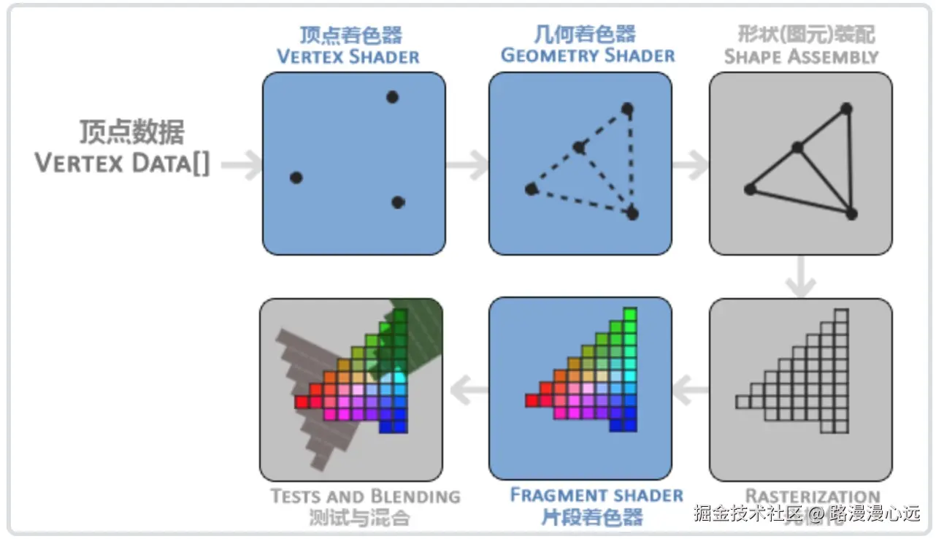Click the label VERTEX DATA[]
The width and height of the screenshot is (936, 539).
(x=123, y=164)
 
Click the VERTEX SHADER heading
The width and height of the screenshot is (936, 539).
(x=348, y=57)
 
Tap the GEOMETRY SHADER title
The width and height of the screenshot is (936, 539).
(x=587, y=56)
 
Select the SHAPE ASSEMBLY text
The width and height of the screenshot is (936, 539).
(x=801, y=56)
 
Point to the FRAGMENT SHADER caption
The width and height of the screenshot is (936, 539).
(x=596, y=495)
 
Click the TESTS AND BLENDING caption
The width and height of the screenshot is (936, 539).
(x=365, y=497)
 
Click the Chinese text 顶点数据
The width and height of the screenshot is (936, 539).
(x=132, y=132)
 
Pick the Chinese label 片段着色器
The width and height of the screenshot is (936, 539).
(x=591, y=517)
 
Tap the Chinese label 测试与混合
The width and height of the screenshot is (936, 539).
(x=358, y=519)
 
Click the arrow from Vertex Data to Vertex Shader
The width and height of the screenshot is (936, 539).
(x=242, y=165)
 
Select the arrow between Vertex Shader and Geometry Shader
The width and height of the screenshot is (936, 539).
(x=468, y=165)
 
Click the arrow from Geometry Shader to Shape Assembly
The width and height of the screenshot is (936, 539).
(x=690, y=165)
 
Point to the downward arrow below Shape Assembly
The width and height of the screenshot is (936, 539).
(x=801, y=278)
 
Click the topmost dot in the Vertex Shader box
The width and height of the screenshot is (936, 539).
(x=392, y=96)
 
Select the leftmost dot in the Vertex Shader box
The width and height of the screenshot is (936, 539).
(x=296, y=177)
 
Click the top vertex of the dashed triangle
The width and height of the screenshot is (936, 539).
(x=627, y=109)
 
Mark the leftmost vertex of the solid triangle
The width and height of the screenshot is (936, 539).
(x=750, y=189)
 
